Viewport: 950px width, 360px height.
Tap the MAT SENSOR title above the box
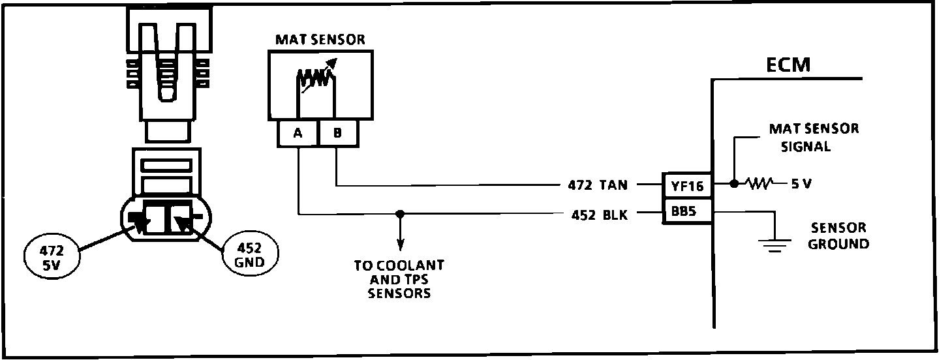320,40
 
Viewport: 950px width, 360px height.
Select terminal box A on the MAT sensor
298,133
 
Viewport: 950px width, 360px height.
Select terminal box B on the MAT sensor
337,133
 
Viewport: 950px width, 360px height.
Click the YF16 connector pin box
686,186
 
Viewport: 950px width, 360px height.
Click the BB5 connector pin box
686,213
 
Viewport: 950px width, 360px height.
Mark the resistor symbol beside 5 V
758,184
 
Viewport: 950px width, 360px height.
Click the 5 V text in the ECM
801,185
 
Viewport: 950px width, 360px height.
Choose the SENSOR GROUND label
838,236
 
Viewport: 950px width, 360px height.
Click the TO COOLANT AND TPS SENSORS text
399,279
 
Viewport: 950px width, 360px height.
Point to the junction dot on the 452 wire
400,213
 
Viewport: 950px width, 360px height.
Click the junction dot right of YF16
734,184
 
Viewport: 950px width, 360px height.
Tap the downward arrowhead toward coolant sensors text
400,246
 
